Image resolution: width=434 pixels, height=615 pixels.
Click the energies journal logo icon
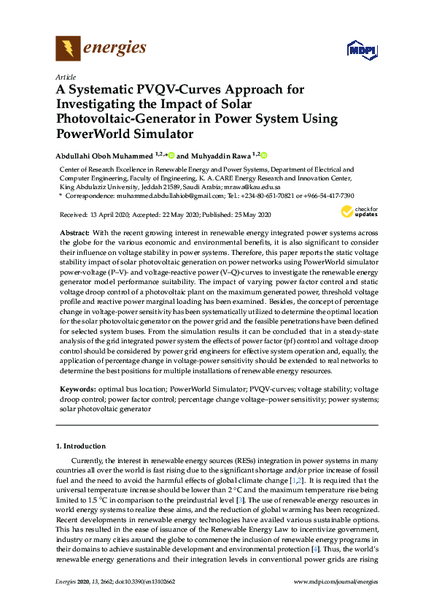[x=68, y=50]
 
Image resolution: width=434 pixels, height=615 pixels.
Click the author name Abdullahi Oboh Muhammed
[x=106, y=156]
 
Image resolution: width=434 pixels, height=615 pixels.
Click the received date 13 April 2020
[x=98, y=215]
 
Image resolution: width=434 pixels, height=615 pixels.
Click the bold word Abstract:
[x=74, y=232]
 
